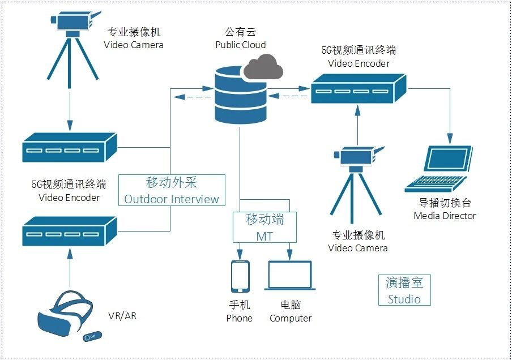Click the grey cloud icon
point(264,66)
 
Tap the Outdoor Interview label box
point(172,190)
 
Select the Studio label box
point(404,290)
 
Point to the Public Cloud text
point(241,45)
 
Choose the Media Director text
point(445,216)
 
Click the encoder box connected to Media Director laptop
point(359,89)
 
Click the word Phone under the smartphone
point(239,318)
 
